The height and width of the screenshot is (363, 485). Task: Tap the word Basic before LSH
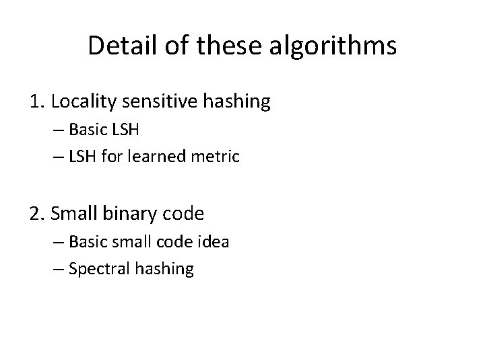point(88,130)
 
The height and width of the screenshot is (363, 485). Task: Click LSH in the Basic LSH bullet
point(127,130)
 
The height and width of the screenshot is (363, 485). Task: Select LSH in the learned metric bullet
point(84,157)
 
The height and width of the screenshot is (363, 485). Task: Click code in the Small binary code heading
point(182,214)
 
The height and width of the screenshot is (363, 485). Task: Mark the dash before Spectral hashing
point(58,269)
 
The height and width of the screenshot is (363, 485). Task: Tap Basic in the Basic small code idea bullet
point(88,241)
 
